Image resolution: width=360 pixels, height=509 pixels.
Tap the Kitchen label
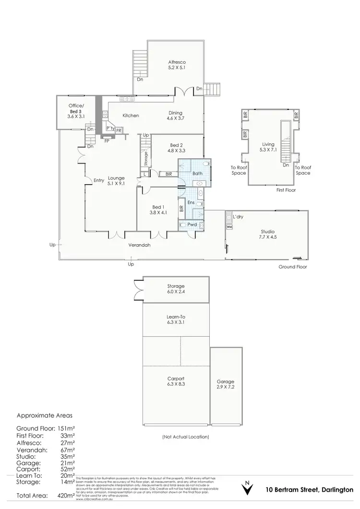point(131,116)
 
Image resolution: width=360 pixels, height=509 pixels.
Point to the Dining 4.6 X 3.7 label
point(175,115)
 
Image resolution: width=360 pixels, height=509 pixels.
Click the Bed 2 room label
point(176,148)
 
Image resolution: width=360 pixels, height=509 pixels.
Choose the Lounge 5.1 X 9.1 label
point(116,180)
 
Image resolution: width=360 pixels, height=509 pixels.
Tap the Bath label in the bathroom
point(197,173)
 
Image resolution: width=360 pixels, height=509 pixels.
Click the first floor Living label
point(268,146)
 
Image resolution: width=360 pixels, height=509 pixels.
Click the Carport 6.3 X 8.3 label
point(176,381)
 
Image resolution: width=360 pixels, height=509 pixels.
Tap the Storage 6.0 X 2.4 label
point(176,289)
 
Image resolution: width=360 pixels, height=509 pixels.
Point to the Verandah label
point(139,245)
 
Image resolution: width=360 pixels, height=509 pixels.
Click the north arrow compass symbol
point(247,488)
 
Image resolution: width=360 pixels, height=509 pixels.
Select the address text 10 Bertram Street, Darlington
point(309,490)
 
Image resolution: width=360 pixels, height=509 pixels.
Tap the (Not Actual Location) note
point(185,437)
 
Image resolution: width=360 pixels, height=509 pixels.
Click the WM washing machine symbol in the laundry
point(229,226)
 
